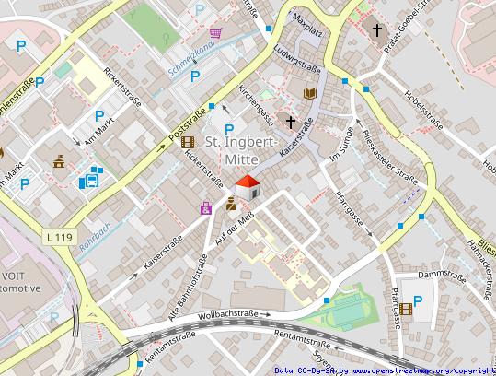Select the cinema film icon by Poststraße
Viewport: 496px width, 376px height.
pyautogui.click(x=188, y=142)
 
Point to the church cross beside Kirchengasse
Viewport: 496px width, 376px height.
pyautogui.click(x=291, y=121)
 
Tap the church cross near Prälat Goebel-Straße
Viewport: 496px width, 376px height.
pyautogui.click(x=376, y=30)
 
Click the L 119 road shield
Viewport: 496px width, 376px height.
pyautogui.click(x=57, y=238)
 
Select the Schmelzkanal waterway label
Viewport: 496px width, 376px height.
pyautogui.click(x=192, y=57)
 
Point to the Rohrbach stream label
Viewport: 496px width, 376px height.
pyautogui.click(x=95, y=241)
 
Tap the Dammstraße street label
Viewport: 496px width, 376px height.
pyautogui.click(x=438, y=275)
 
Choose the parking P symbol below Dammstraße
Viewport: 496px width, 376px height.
pyautogui.click(x=420, y=300)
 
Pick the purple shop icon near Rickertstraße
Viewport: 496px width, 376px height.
pyautogui.click(x=205, y=209)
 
